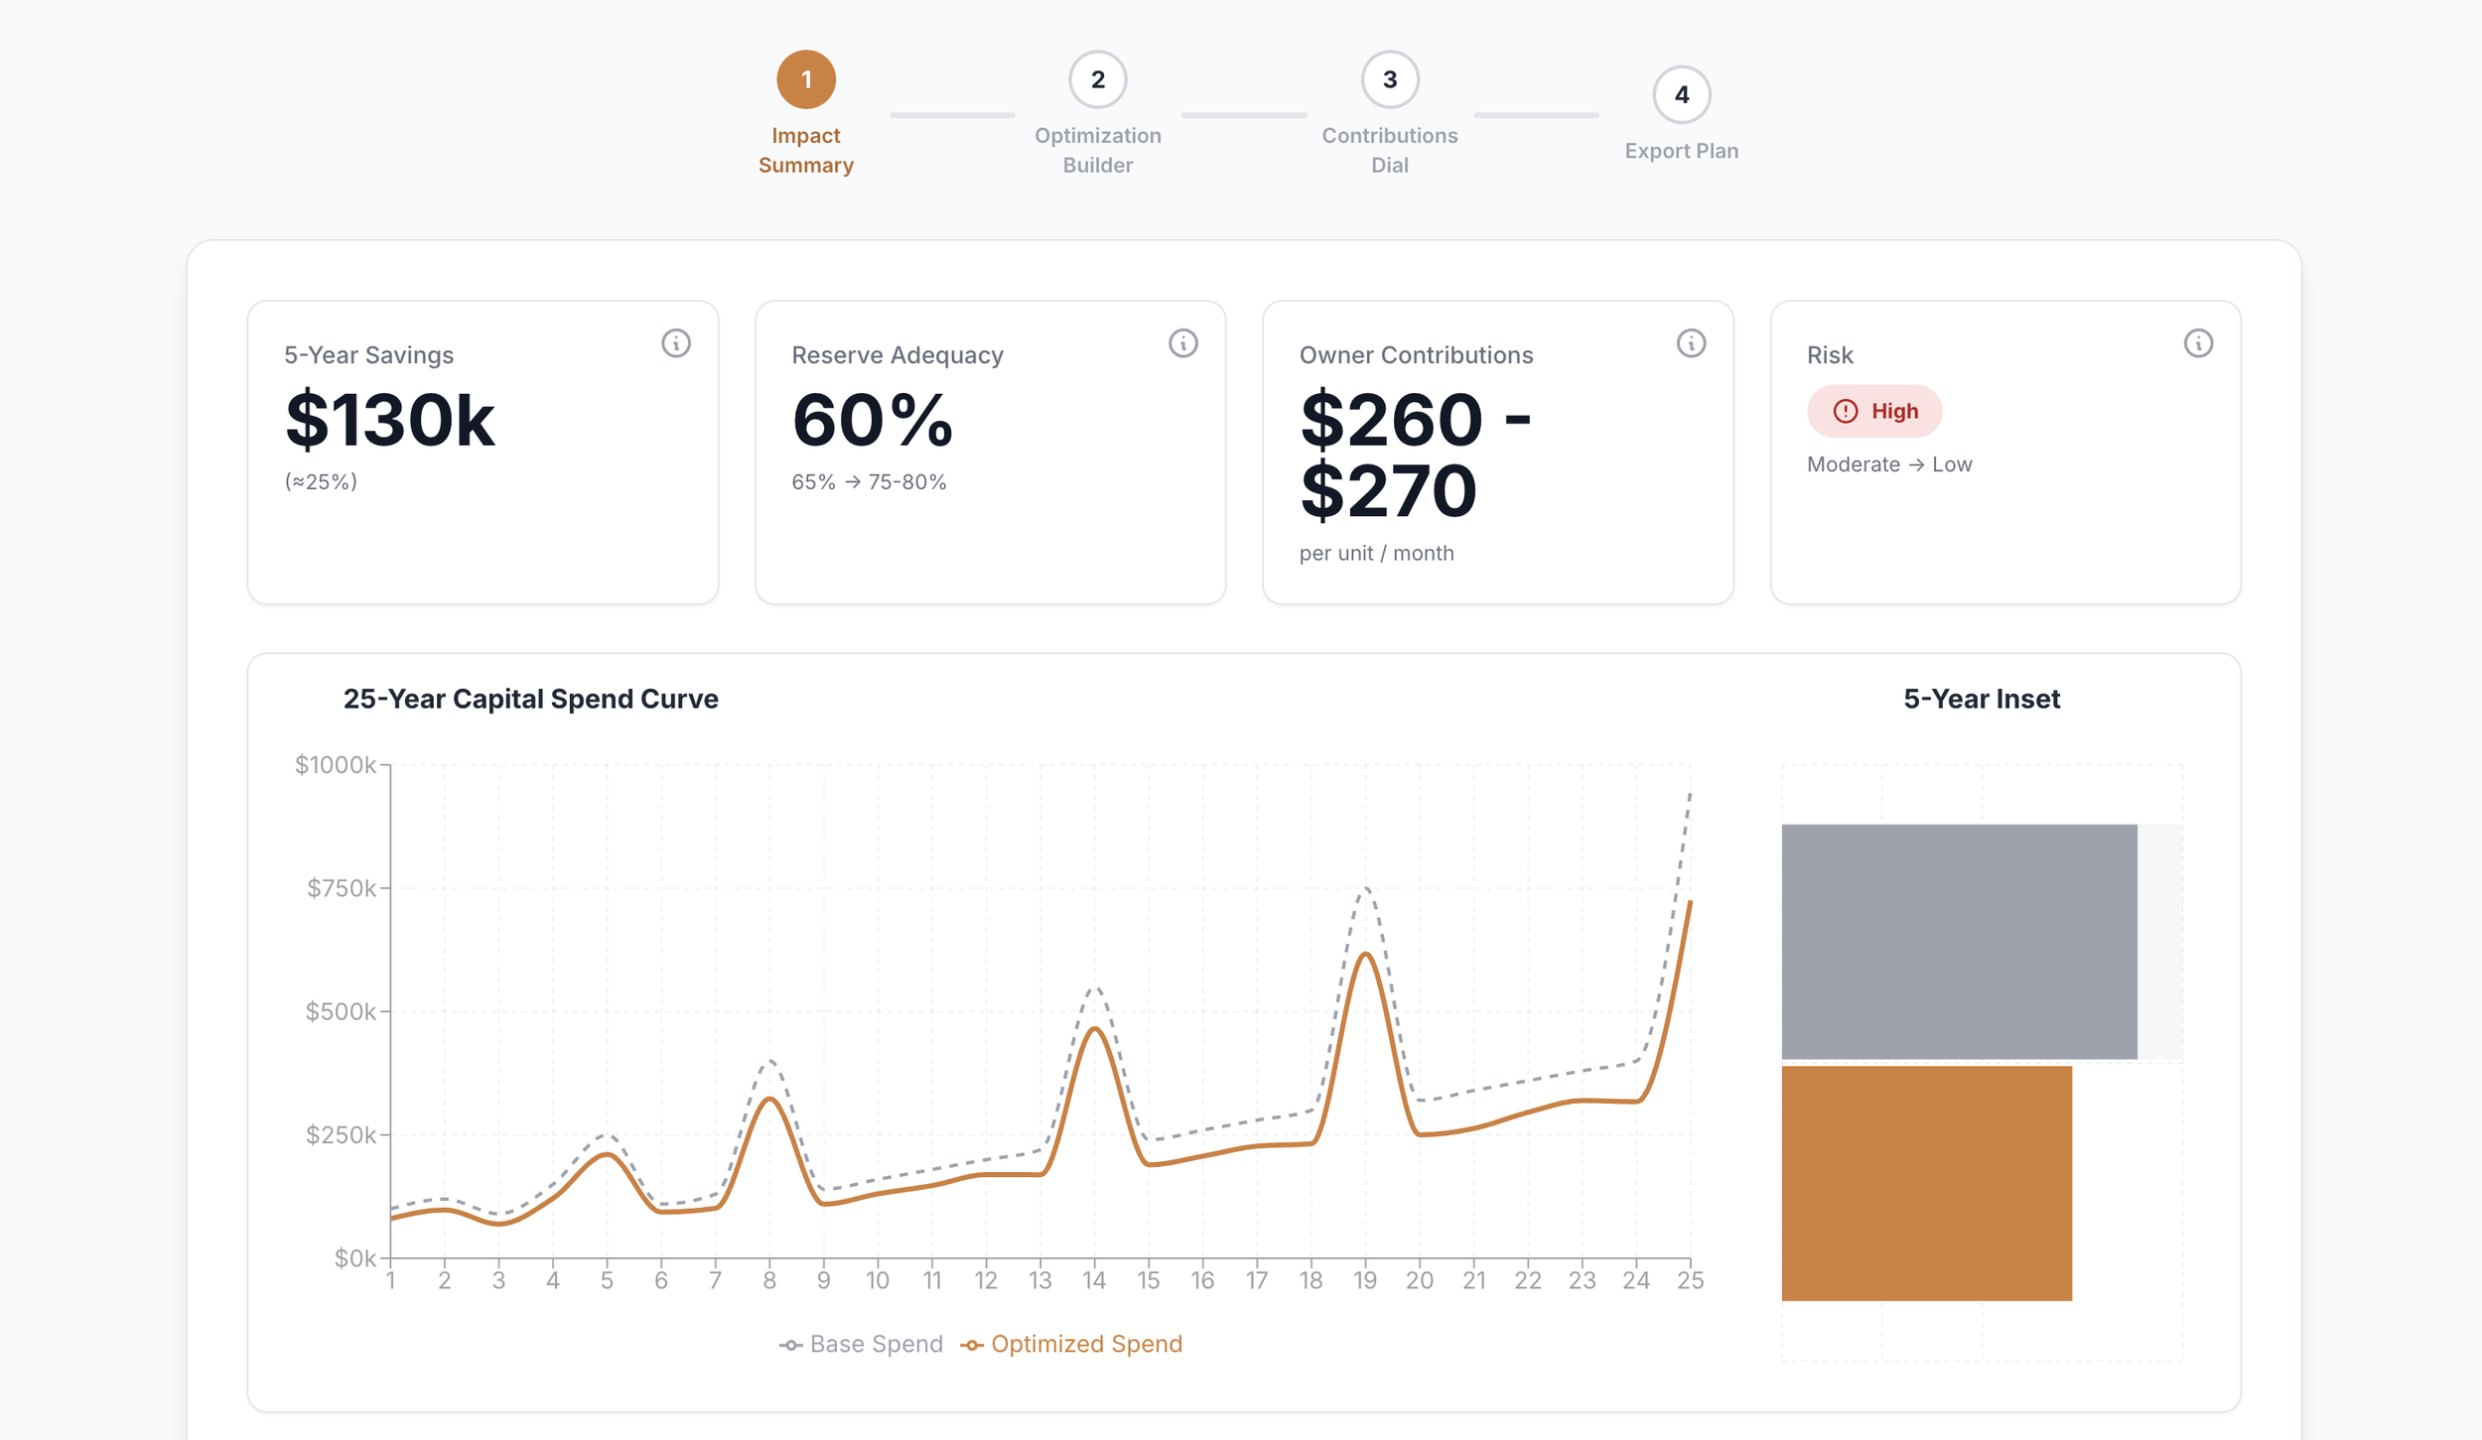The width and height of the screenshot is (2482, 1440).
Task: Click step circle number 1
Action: tap(805, 79)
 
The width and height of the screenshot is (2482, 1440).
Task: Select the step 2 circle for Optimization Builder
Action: tap(1097, 79)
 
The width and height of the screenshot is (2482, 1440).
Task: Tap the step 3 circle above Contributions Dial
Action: tap(1389, 79)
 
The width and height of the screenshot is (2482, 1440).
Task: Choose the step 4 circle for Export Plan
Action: tap(1681, 94)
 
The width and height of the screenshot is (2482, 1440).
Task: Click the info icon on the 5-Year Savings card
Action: tap(675, 343)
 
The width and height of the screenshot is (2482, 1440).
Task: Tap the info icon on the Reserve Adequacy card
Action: tap(1182, 343)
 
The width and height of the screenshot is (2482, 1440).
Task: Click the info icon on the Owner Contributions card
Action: tap(1691, 343)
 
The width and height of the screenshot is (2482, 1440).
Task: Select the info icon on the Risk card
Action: tap(2197, 343)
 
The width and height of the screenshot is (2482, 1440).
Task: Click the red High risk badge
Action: tap(1873, 411)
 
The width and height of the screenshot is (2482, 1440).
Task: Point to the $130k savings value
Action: tap(389, 421)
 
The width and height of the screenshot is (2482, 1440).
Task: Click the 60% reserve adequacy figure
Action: tap(872, 421)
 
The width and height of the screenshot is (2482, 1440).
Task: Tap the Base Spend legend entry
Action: tap(861, 1344)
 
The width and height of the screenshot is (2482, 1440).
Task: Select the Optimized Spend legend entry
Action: tap(1071, 1344)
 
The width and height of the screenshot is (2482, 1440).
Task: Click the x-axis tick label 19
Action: tap(1365, 1280)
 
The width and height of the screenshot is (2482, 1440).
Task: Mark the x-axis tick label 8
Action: tap(769, 1280)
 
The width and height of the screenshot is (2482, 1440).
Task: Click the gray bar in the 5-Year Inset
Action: tap(1959, 942)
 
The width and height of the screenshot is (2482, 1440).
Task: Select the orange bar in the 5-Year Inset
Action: tap(1926, 1183)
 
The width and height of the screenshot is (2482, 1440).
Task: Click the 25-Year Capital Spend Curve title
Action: tap(530, 699)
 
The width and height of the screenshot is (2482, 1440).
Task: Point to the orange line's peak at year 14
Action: tap(1095, 1028)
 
